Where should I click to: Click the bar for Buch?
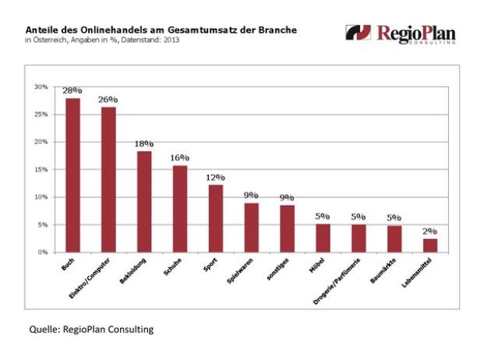(x=72, y=175)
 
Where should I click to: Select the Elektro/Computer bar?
(x=108, y=179)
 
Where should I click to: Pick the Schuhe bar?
(x=180, y=208)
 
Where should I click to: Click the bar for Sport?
(x=216, y=218)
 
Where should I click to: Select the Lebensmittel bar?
(x=429, y=245)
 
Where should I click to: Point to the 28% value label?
(x=72, y=91)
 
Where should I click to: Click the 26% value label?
(x=108, y=100)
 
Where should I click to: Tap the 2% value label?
(x=429, y=231)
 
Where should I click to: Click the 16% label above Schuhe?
(x=180, y=158)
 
